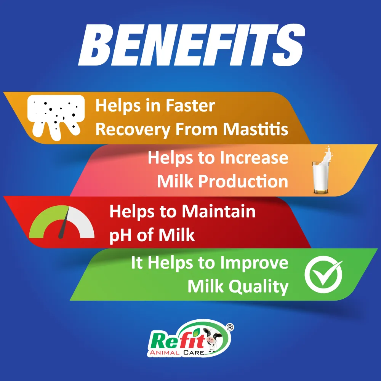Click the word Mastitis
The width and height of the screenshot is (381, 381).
click(x=256, y=130)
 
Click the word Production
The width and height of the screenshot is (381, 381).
click(x=243, y=181)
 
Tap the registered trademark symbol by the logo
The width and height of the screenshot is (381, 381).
click(x=230, y=327)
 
